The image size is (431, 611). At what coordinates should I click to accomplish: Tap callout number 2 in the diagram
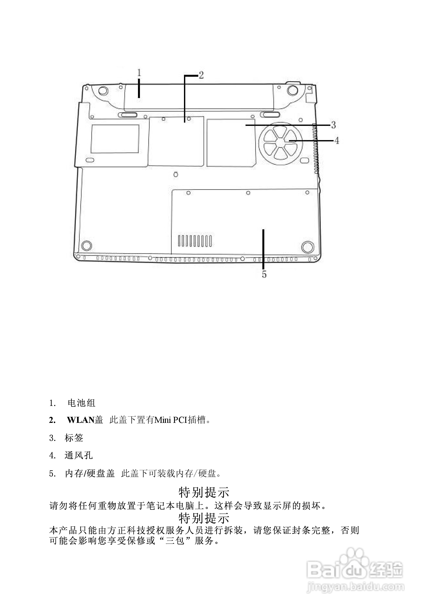[201, 75]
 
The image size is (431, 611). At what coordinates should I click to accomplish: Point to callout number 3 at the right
[333, 125]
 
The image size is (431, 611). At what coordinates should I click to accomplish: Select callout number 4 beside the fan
[337, 141]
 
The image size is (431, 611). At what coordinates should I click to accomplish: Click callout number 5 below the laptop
[264, 274]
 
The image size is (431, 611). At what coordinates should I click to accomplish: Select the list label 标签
[74, 438]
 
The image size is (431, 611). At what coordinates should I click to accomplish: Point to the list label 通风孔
[79, 455]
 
